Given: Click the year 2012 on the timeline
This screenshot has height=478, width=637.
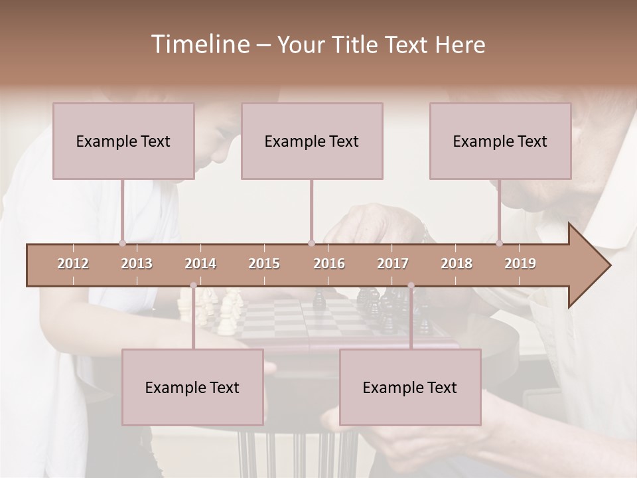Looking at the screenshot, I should tap(73, 264).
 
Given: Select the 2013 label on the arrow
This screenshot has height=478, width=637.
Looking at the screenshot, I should tap(137, 264).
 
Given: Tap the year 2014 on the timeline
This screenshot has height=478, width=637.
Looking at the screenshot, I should tap(200, 264).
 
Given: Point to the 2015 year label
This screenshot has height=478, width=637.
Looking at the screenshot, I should tap(264, 264).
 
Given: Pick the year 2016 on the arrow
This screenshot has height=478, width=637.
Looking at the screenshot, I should tap(329, 264).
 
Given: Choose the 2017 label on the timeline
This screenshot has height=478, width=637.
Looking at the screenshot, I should tap(393, 264).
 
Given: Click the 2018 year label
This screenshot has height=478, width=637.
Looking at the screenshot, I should tap(457, 264).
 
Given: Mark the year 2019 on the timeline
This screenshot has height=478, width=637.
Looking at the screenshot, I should tap(520, 264).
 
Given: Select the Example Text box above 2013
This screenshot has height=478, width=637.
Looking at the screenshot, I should tap(123, 141).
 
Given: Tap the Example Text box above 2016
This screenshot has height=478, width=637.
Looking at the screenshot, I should tap(312, 141).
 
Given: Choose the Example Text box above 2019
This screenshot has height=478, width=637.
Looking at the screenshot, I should tap(500, 141).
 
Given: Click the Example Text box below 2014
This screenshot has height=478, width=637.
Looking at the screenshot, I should tap(192, 387).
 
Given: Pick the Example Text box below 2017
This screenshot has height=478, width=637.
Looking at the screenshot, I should tap(410, 387).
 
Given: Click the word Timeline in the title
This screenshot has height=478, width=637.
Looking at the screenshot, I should tap(199, 44).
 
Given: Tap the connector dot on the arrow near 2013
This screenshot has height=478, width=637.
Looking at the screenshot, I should tap(123, 243).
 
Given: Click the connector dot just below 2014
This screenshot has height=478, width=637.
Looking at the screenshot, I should tap(193, 285).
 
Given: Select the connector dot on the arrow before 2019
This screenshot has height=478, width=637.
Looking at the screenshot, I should tap(500, 243).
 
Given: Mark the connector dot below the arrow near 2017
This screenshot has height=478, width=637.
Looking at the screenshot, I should tap(411, 285).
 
